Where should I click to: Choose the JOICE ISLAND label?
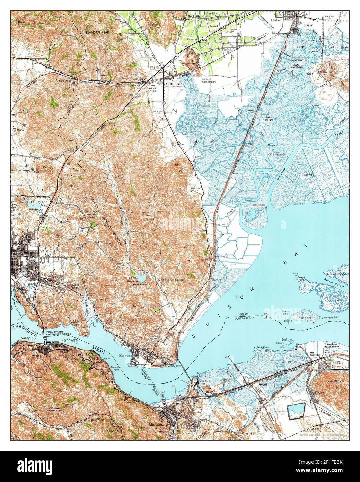276,154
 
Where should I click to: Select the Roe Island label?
306,318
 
